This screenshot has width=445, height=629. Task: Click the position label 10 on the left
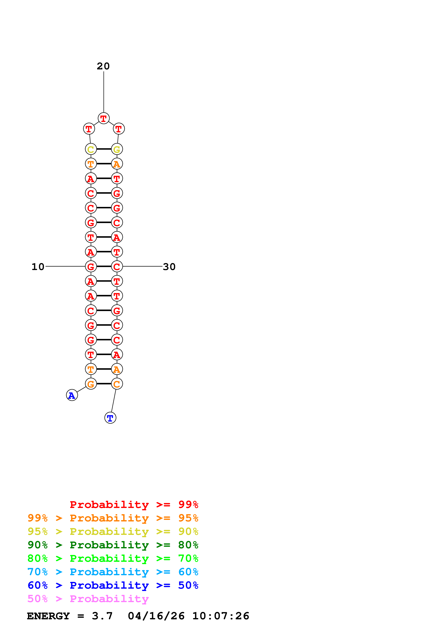(x=38, y=267)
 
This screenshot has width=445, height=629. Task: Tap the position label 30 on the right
(x=169, y=267)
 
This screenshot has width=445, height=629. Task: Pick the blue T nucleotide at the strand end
(x=110, y=418)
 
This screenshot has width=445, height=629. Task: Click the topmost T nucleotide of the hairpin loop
(x=104, y=118)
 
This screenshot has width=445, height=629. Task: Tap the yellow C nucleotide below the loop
(x=91, y=149)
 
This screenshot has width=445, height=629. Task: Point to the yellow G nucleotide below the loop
(x=117, y=149)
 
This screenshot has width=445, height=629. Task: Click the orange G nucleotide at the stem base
(x=91, y=384)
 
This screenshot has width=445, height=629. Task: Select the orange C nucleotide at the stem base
(x=117, y=384)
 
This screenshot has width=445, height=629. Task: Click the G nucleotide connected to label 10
(x=91, y=266)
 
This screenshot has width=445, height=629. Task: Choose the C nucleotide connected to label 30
(x=117, y=266)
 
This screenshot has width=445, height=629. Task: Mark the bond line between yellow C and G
(x=104, y=149)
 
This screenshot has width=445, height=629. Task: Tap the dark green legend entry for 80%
(x=113, y=545)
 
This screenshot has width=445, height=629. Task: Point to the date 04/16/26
(x=156, y=616)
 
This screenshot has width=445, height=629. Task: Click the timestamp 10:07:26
(x=221, y=616)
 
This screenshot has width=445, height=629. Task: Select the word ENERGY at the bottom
(x=48, y=616)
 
